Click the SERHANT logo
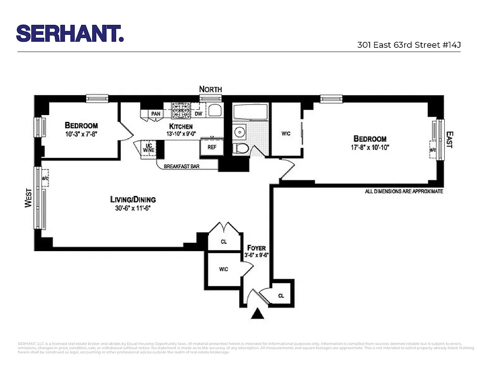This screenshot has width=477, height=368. pos(70,33)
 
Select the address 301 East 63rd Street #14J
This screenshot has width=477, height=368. pos(409,45)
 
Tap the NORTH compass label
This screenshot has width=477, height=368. pos(210,89)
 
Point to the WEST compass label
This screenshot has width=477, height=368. pos(28,198)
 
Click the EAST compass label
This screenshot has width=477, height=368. pos(449,139)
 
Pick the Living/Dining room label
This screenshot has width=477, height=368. pos(133,199)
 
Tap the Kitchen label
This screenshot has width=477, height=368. pos(181,126)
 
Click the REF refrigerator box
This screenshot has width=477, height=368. pos(212,147)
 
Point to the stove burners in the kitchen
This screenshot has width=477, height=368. pos(181,110)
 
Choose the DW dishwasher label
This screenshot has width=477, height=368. pos(198,114)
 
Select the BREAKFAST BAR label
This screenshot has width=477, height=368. pos(182,166)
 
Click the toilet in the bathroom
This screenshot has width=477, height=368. pos(241,148)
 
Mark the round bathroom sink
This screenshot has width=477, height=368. pos(241,132)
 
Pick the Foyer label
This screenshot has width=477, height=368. pos(256,248)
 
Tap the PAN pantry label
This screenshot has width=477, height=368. pos(156,114)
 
